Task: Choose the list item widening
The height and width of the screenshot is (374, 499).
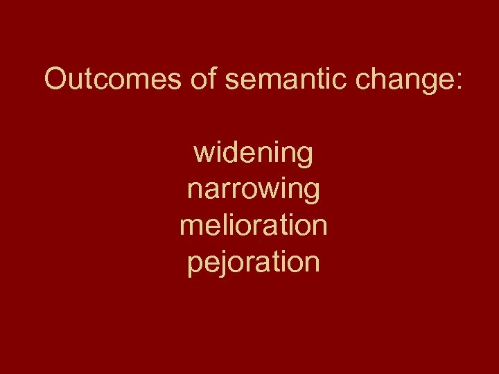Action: tap(253, 154)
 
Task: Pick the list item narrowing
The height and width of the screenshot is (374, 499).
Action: tap(253, 190)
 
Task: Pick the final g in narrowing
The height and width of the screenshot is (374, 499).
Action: tap(311, 193)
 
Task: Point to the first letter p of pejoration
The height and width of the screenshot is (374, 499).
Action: tap(195, 265)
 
